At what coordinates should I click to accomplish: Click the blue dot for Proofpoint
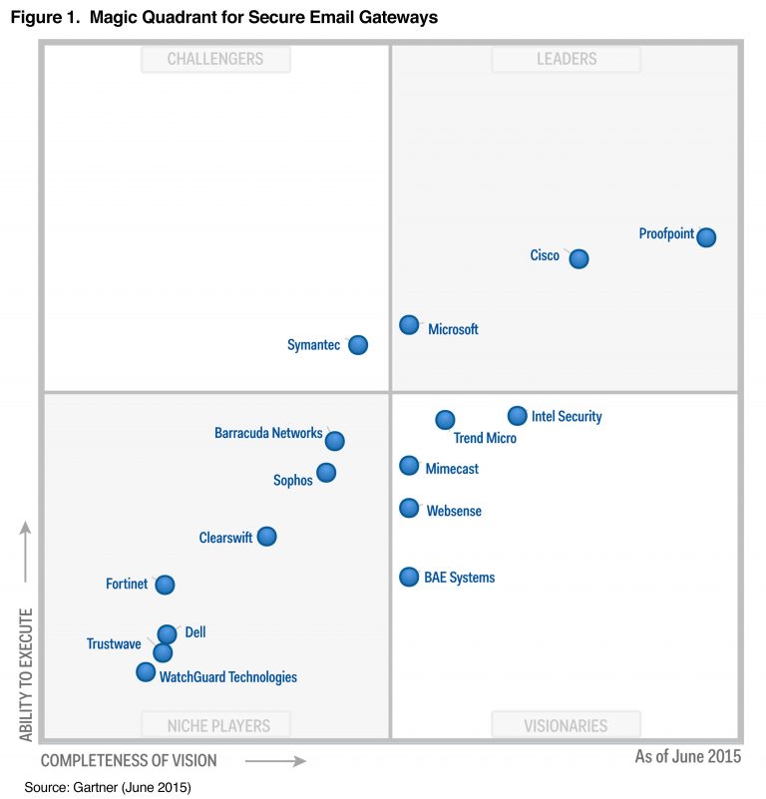706,237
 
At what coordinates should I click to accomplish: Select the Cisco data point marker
578,259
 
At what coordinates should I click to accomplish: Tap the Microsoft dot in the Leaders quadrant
409,325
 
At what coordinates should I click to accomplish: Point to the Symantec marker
358,345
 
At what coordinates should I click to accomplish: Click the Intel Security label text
567,417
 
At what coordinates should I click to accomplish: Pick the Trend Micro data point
445,420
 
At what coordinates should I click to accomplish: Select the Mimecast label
452,468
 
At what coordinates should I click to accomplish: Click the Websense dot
409,509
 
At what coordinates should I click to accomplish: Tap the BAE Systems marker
409,577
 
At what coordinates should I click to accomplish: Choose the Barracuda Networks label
268,434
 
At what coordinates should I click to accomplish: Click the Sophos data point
326,473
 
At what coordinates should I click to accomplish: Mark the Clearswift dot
266,537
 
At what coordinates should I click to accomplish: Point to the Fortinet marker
165,585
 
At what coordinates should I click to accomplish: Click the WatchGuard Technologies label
228,677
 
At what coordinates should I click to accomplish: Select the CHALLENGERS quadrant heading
215,60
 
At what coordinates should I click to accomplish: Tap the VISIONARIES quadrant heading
566,725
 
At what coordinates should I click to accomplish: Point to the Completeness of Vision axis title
129,761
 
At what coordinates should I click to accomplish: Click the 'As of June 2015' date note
688,757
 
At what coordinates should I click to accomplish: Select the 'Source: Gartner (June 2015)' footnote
108,788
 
